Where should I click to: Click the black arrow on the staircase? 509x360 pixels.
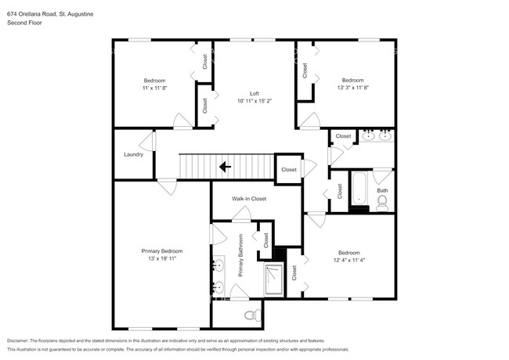point(225,166)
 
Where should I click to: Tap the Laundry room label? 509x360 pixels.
point(133,154)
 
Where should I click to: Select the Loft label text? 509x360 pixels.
point(254,93)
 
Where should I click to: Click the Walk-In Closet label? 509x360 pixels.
point(249,199)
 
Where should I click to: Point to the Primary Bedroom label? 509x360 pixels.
point(161,250)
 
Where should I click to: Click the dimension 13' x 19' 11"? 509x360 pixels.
point(161,258)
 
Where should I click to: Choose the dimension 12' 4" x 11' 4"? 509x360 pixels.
point(348,260)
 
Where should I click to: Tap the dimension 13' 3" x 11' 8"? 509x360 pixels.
point(352,88)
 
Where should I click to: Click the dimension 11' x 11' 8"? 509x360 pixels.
point(153,88)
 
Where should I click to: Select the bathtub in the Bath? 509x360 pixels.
point(359,190)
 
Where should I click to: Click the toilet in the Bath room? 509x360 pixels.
point(382,203)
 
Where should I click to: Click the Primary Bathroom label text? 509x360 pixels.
point(241,256)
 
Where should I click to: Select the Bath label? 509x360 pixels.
point(382,190)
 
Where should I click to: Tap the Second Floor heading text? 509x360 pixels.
point(24,23)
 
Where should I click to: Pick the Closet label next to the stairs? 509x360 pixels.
point(289,169)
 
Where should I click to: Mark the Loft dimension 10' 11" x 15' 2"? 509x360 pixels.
point(254,101)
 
